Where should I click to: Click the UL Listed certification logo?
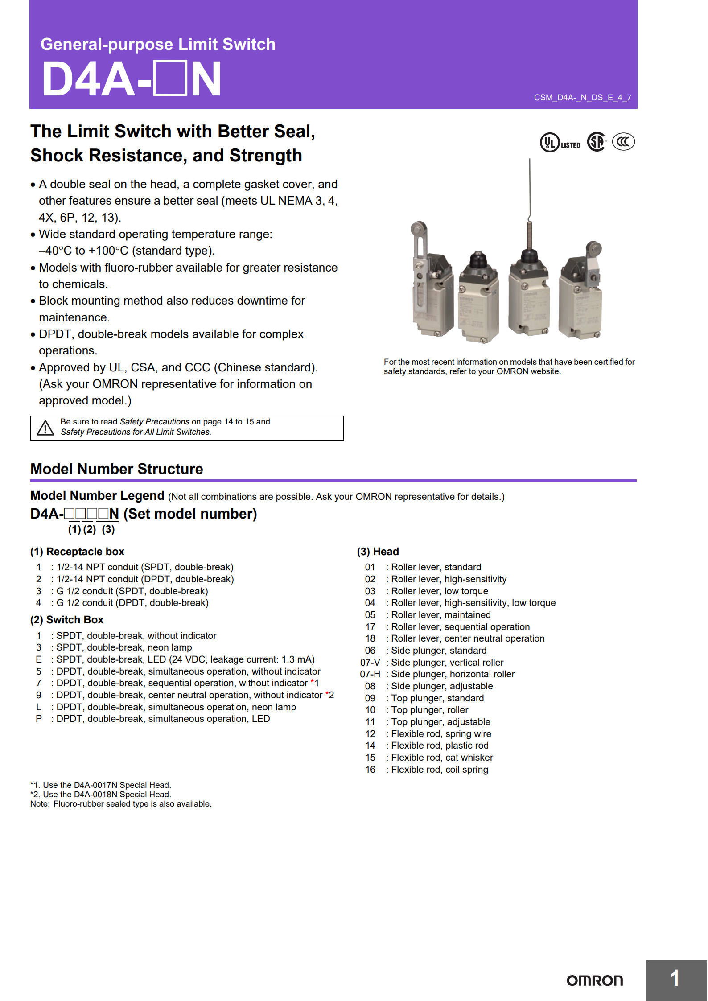[560, 143]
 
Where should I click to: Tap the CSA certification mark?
[597, 142]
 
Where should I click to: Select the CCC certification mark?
[623, 142]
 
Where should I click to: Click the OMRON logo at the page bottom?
[594, 980]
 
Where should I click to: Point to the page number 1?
[675, 978]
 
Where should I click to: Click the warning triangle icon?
[45, 428]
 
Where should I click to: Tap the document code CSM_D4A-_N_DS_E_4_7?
[582, 98]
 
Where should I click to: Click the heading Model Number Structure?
[116, 469]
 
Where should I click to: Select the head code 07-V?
[370, 663]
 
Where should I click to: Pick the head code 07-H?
[370, 674]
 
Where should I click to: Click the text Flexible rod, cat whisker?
[442, 758]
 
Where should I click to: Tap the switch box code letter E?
[39, 659]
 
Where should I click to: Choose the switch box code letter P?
[39, 719]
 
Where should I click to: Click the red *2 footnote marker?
[329, 695]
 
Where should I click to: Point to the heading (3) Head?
[378, 552]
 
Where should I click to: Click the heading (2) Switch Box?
[67, 620]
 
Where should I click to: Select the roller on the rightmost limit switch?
[593, 248]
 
